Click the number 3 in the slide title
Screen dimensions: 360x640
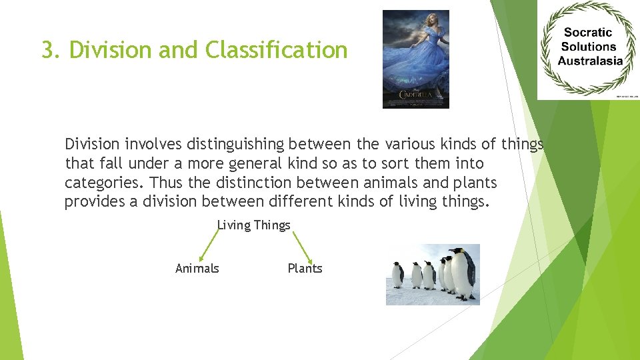[47, 50]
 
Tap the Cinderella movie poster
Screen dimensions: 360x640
[415, 59]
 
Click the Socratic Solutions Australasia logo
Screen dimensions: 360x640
[588, 50]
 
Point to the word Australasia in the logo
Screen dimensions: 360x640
[589, 61]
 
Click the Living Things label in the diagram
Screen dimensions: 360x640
[254, 225]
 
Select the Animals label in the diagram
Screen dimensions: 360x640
[197, 269]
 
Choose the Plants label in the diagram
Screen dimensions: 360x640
[305, 269]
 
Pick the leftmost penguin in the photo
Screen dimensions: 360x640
[398, 274]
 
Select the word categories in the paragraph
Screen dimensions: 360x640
[105, 183]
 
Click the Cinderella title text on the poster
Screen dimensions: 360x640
[415, 95]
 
